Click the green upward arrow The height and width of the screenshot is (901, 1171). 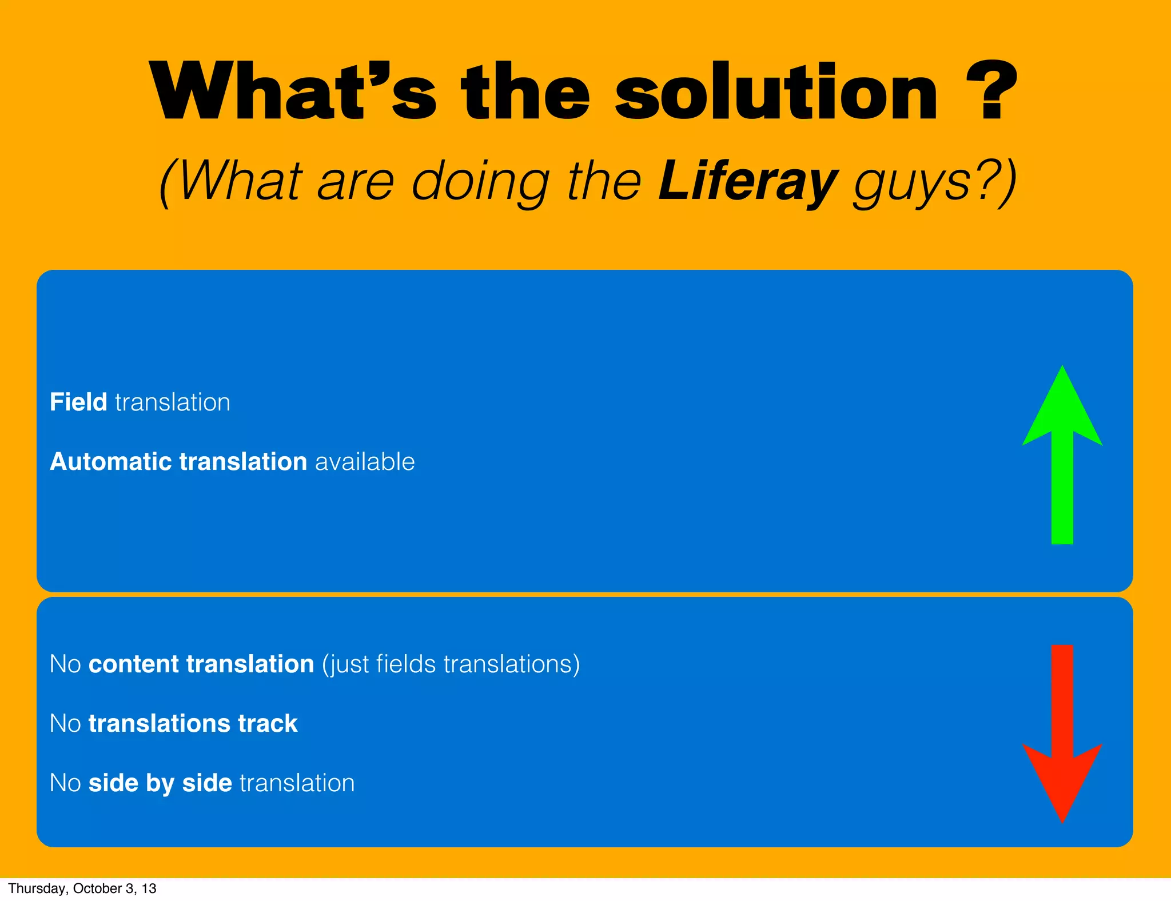pyautogui.click(x=1062, y=457)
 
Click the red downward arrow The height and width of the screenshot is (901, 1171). pyautogui.click(x=1062, y=732)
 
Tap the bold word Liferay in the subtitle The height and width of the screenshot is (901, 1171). pyautogui.click(x=748, y=182)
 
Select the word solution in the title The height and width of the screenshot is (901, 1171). pyautogui.click(x=776, y=93)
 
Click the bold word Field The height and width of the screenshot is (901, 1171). pyautogui.click(x=78, y=402)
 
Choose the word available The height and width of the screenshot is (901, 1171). pyautogui.click(x=365, y=461)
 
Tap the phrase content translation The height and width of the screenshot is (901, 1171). pyautogui.click(x=201, y=664)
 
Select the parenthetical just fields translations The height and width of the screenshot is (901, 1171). pyautogui.click(x=451, y=664)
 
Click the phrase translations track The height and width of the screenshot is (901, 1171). pyautogui.click(x=193, y=723)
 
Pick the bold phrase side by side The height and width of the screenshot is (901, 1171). pyautogui.click(x=160, y=783)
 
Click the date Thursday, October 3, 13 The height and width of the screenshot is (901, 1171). pyautogui.click(x=82, y=888)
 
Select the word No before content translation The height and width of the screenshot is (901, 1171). pyautogui.click(x=65, y=664)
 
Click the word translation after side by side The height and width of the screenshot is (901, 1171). pyautogui.click(x=297, y=783)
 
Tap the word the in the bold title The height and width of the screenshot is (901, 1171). pyautogui.click(x=525, y=93)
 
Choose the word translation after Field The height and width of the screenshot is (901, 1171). pyautogui.click(x=173, y=402)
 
